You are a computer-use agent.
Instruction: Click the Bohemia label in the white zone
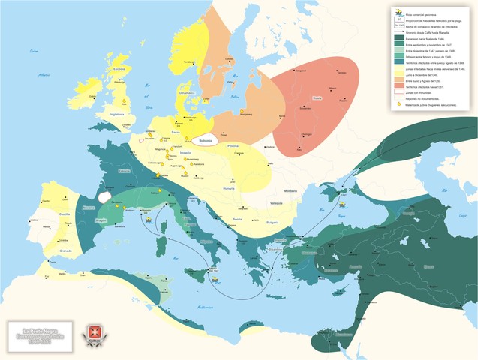206,139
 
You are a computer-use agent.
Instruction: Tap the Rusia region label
316,97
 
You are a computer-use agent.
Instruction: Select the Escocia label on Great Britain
119,68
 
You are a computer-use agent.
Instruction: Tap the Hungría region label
228,188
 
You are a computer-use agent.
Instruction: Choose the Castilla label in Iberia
65,214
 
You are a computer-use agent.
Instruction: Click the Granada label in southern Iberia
66,250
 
